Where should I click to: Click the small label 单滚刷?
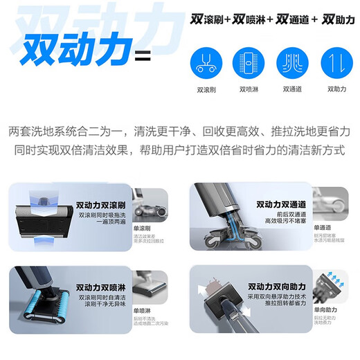pyautogui.click(x=143, y=229)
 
